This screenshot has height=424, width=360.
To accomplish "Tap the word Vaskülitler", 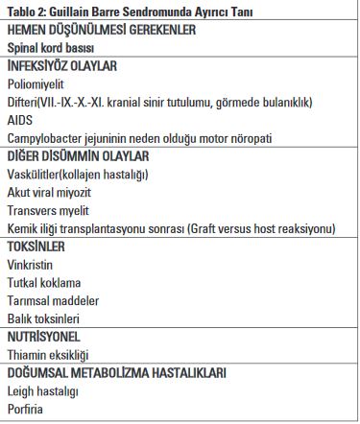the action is (x=36, y=174).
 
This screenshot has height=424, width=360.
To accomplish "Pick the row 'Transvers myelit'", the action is (x=47, y=209).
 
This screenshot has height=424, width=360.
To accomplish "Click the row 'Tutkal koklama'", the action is (x=44, y=282).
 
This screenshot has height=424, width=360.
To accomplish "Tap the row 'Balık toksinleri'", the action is (x=43, y=318).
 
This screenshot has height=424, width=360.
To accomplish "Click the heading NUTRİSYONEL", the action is (x=43, y=337).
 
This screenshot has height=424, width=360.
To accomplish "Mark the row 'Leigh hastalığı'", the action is (x=42, y=391).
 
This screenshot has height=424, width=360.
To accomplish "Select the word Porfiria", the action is (x=26, y=410).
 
